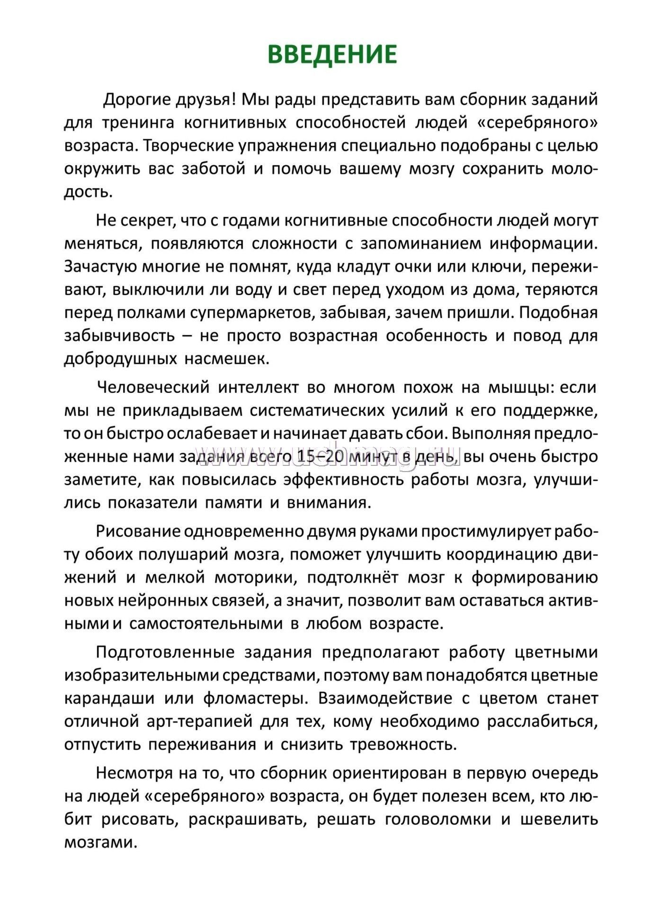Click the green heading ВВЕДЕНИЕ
coord(332,54)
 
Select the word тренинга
coord(138,123)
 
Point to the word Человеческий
coord(153,387)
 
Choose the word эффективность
coord(343,480)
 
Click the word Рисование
coord(138,531)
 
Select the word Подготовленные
coord(165,652)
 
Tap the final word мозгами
coord(100,842)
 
